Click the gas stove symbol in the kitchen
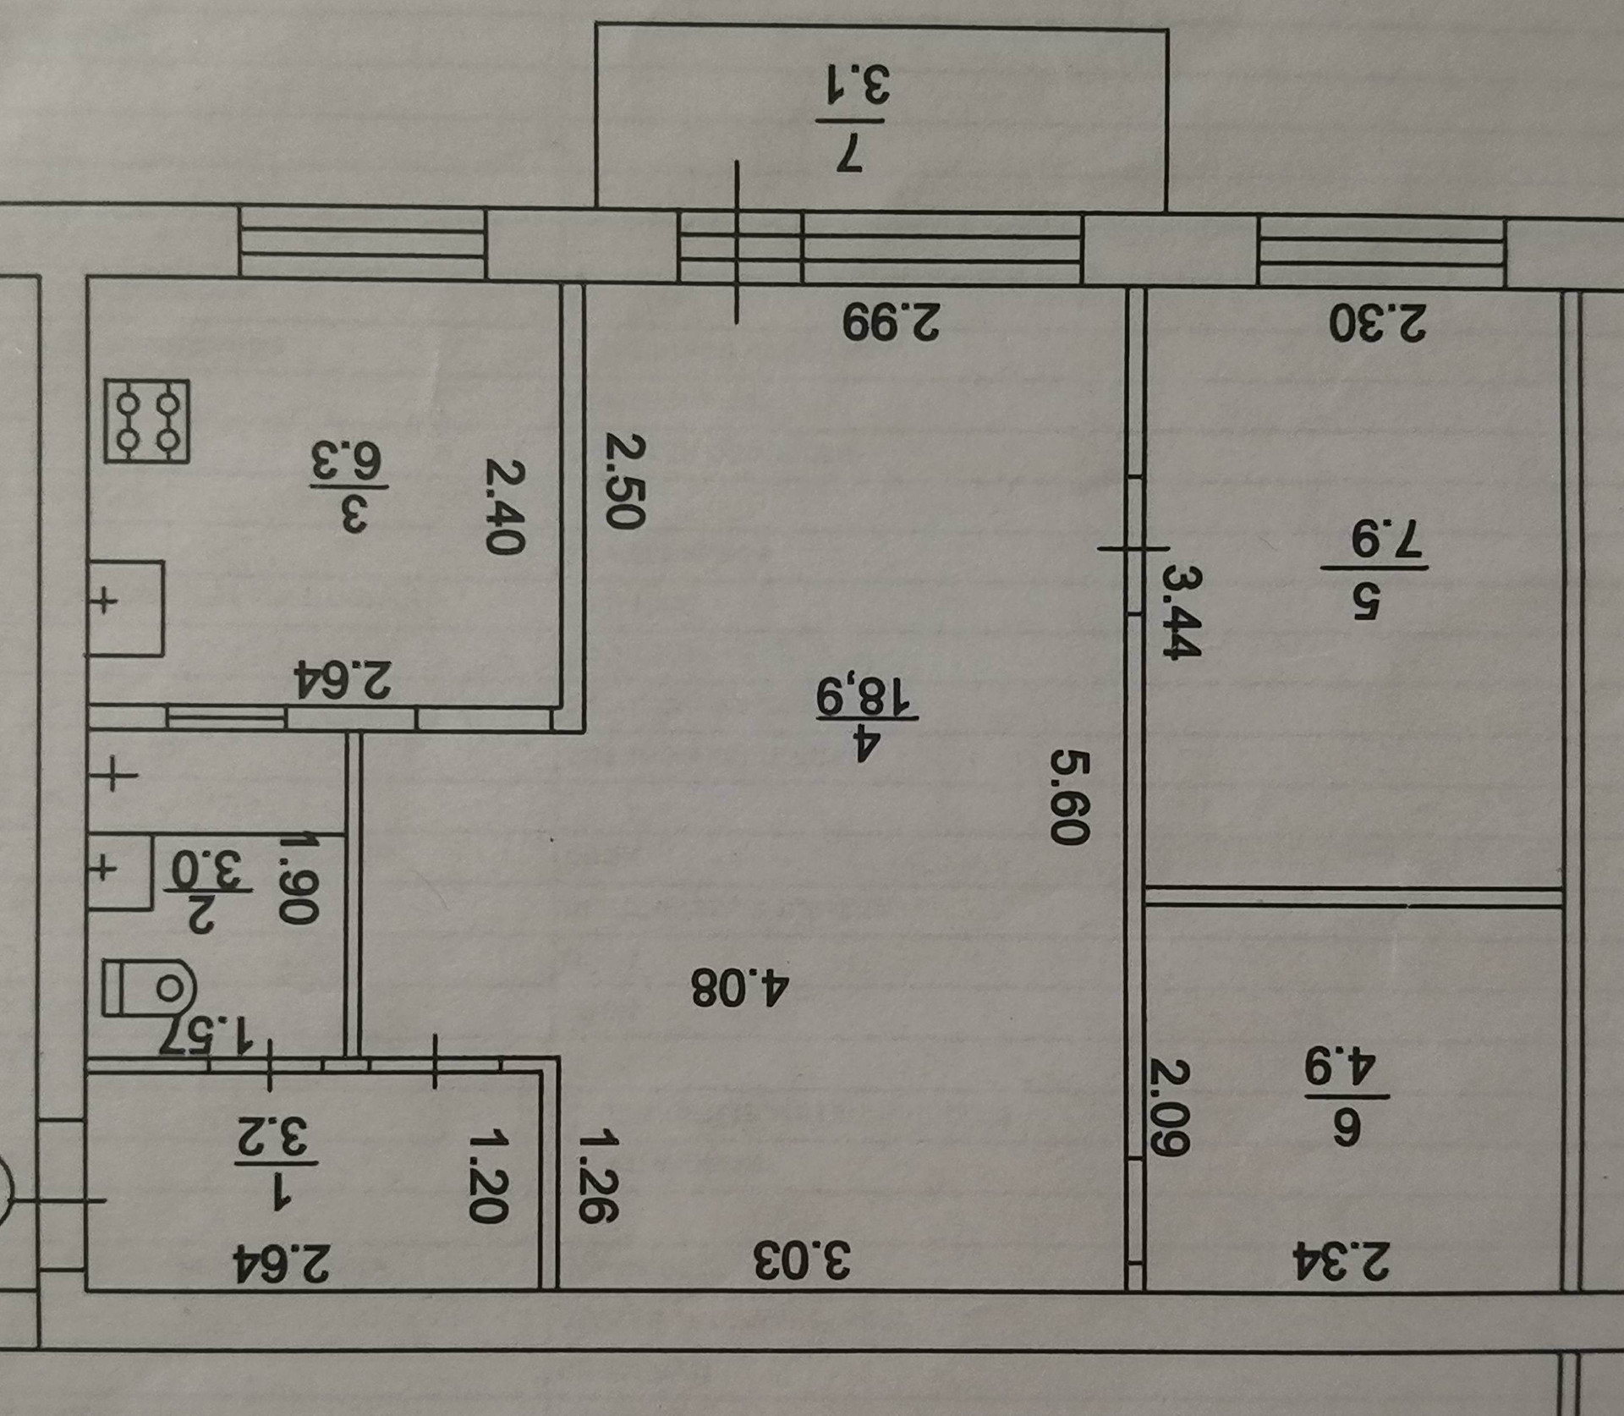(146, 420)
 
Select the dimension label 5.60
(1067, 796)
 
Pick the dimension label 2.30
(1377, 322)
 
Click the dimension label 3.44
(1181, 612)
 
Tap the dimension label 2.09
(1171, 1108)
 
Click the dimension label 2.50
(626, 481)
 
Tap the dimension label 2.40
(506, 506)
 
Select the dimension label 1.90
(300, 880)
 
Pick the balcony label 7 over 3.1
(856, 118)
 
